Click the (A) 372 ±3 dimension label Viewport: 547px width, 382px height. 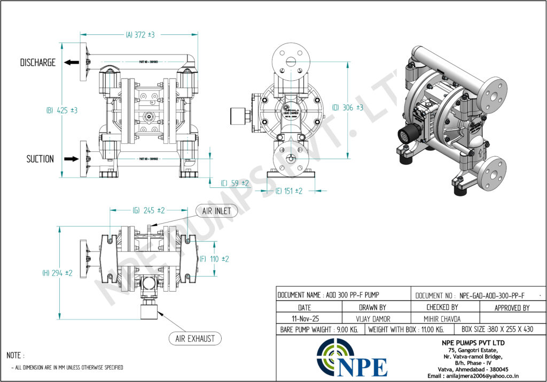point(140,35)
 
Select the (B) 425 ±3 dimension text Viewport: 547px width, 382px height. point(62,110)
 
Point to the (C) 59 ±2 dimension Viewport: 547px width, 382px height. point(235,183)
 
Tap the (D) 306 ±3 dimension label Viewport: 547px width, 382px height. point(348,108)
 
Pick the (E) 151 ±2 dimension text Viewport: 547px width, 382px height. point(289,190)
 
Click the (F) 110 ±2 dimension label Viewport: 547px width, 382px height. point(214,259)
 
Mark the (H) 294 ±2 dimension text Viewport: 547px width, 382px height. point(57,273)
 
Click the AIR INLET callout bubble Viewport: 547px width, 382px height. point(216,211)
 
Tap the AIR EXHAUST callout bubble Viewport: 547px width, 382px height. point(195,338)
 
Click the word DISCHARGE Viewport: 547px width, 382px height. point(38,63)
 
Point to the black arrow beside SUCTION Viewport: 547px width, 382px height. point(71,159)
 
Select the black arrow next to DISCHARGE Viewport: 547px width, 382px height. point(71,63)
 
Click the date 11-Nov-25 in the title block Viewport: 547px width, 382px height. point(304,318)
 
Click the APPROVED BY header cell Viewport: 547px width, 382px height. point(512,308)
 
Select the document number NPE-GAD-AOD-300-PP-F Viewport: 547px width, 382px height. point(491,295)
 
